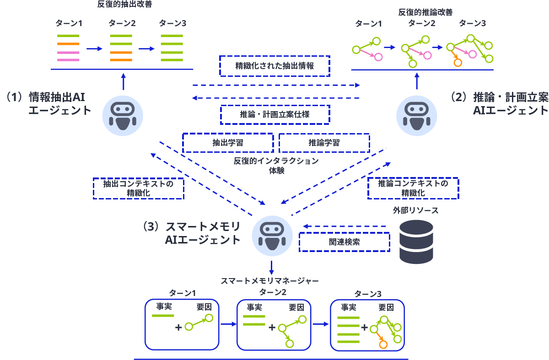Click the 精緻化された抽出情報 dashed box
point(274,66)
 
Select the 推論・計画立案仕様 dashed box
point(274,114)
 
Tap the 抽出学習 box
point(227,143)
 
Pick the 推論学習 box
point(324,143)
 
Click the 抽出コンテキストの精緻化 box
point(138,188)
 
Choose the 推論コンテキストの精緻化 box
point(413,188)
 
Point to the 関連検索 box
point(344,242)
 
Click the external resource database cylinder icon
point(416,242)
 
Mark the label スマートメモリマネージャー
point(269,280)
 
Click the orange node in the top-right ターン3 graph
point(457,63)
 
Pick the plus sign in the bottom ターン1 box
point(178,327)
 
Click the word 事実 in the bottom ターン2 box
point(255,307)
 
